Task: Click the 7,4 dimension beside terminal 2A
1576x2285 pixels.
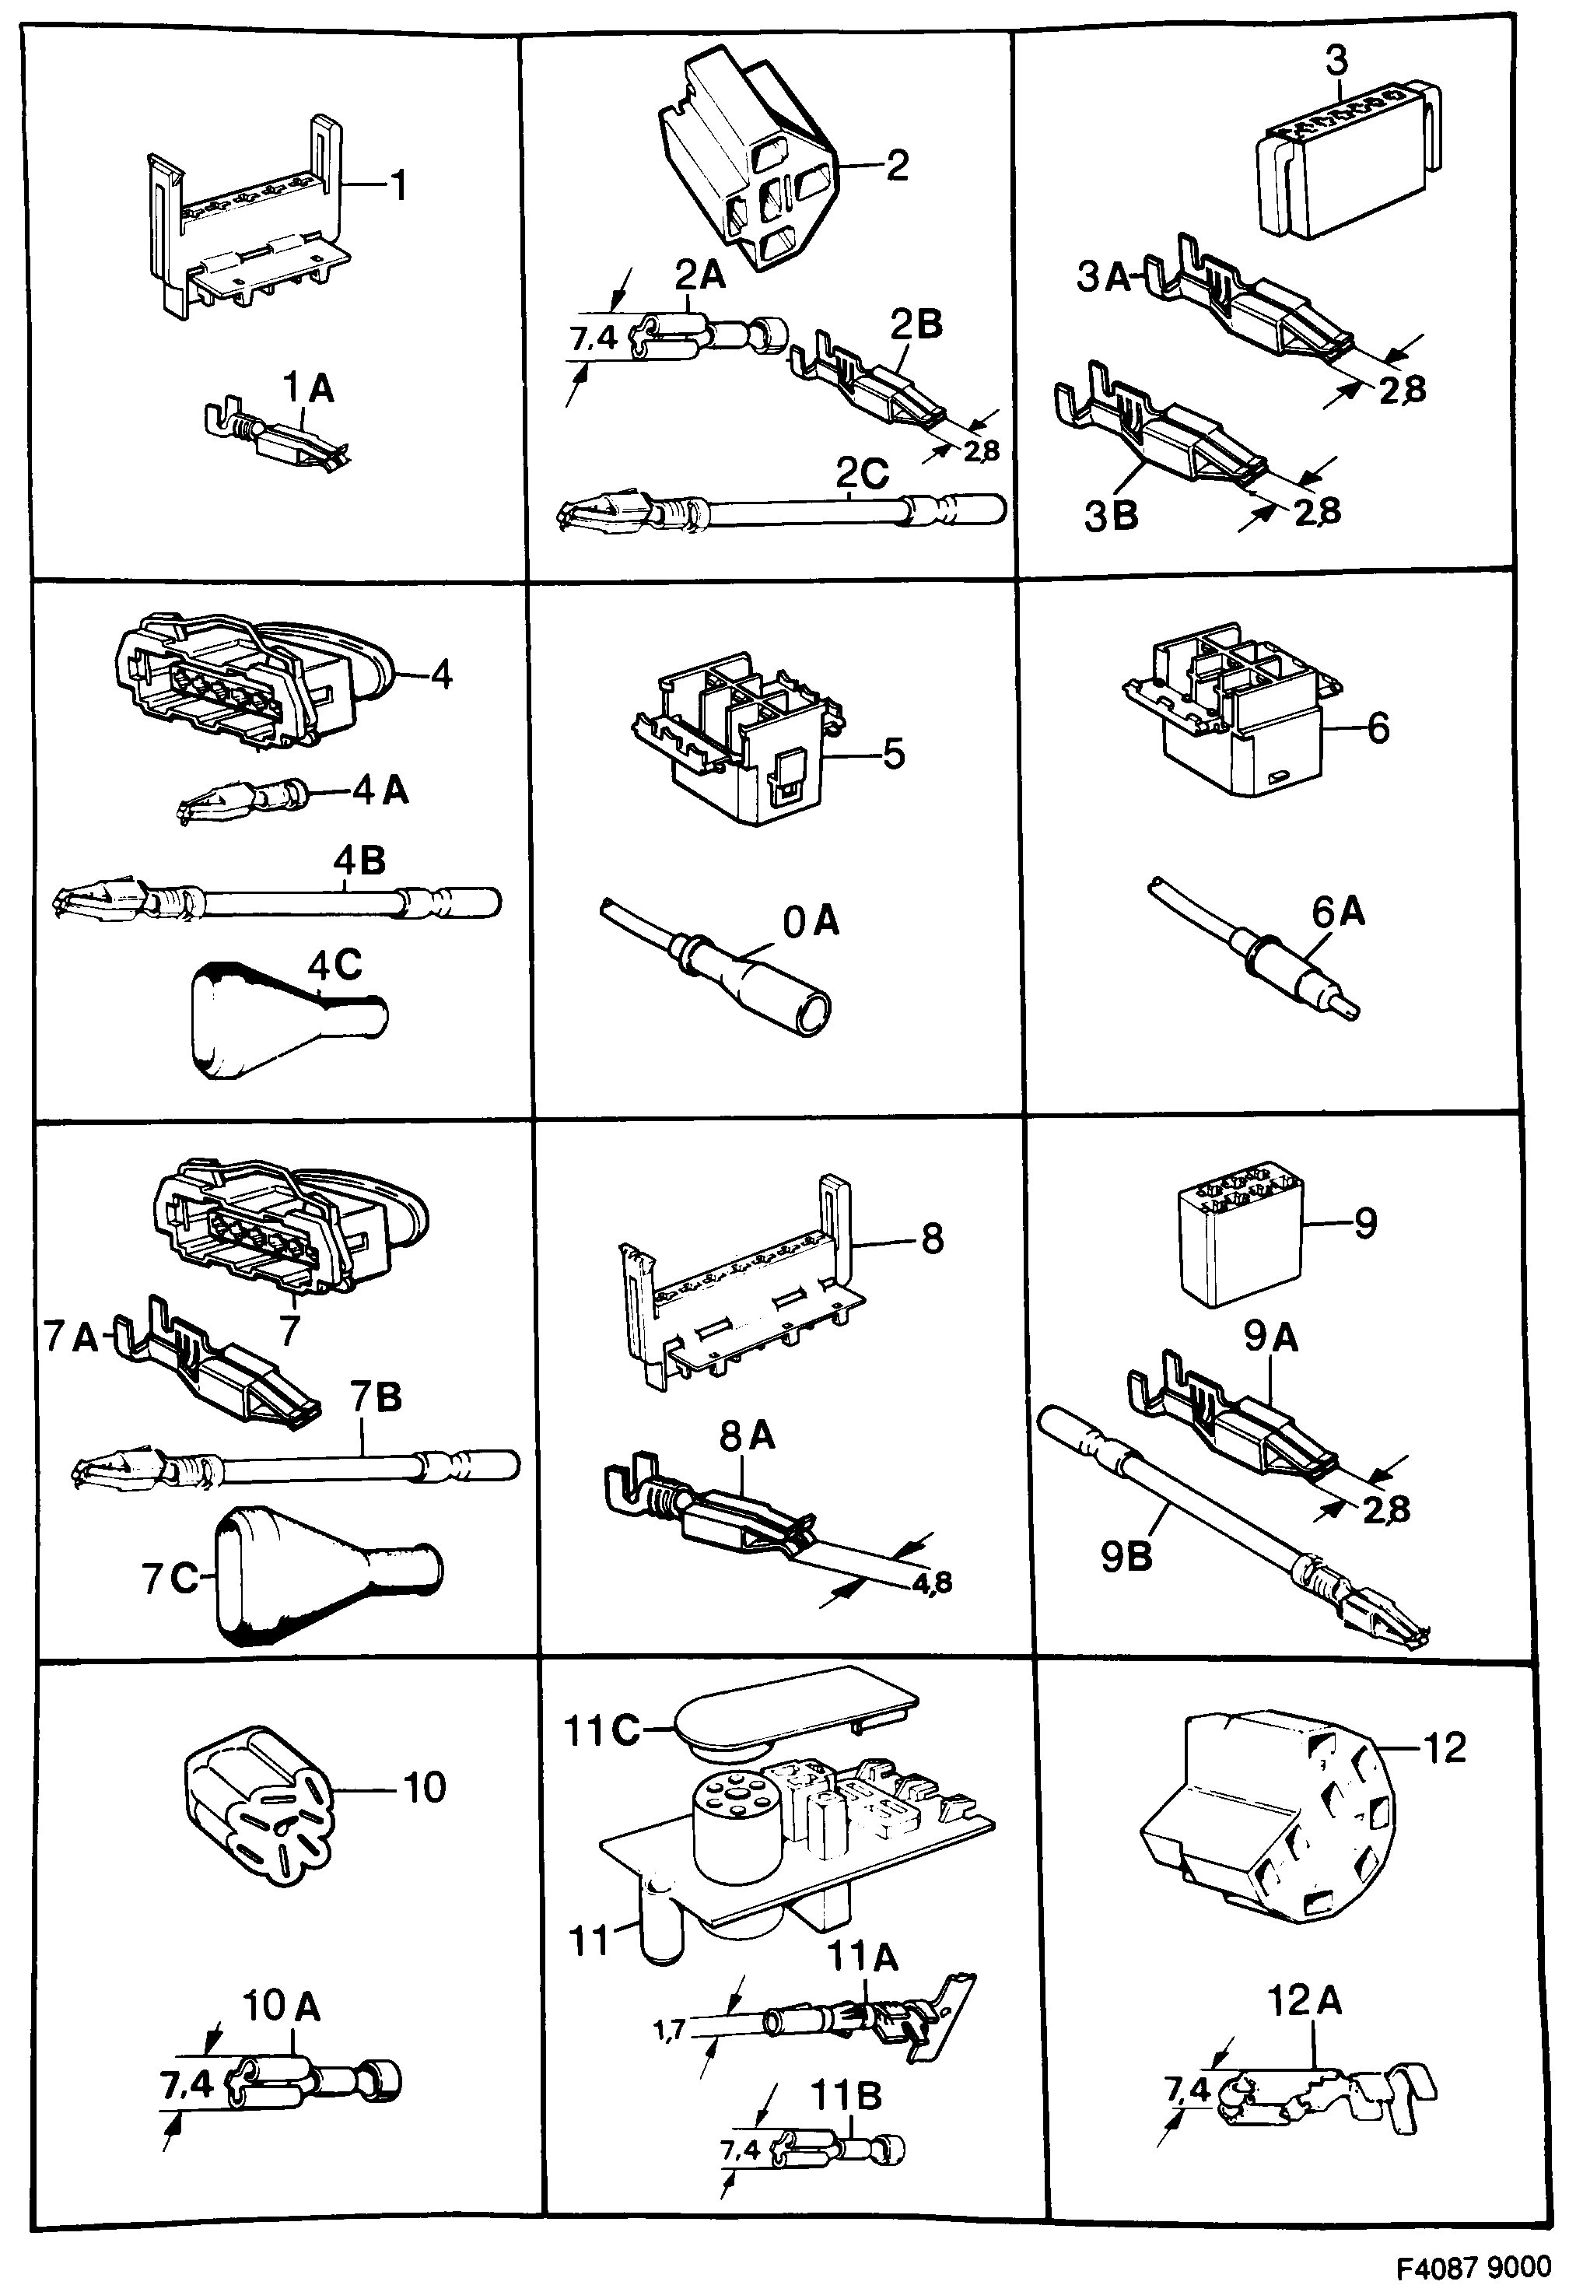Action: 594,341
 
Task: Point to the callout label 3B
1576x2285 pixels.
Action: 1111,517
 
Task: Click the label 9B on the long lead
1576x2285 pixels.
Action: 1125,1558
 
